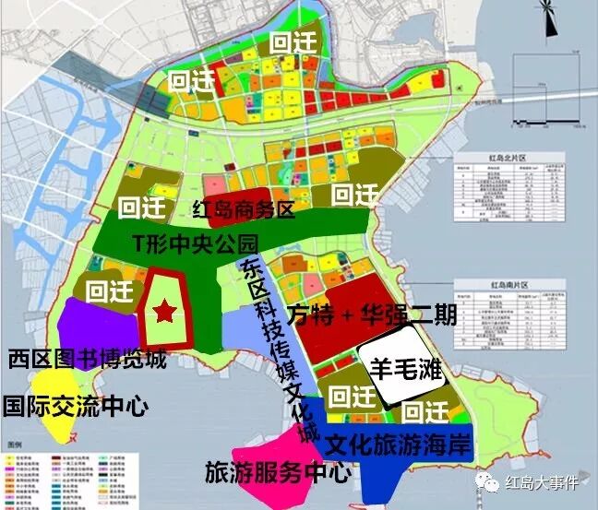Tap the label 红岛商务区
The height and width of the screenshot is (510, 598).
click(243, 210)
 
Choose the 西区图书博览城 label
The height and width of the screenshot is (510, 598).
click(87, 358)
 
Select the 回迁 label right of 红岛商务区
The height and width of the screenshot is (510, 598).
click(354, 195)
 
